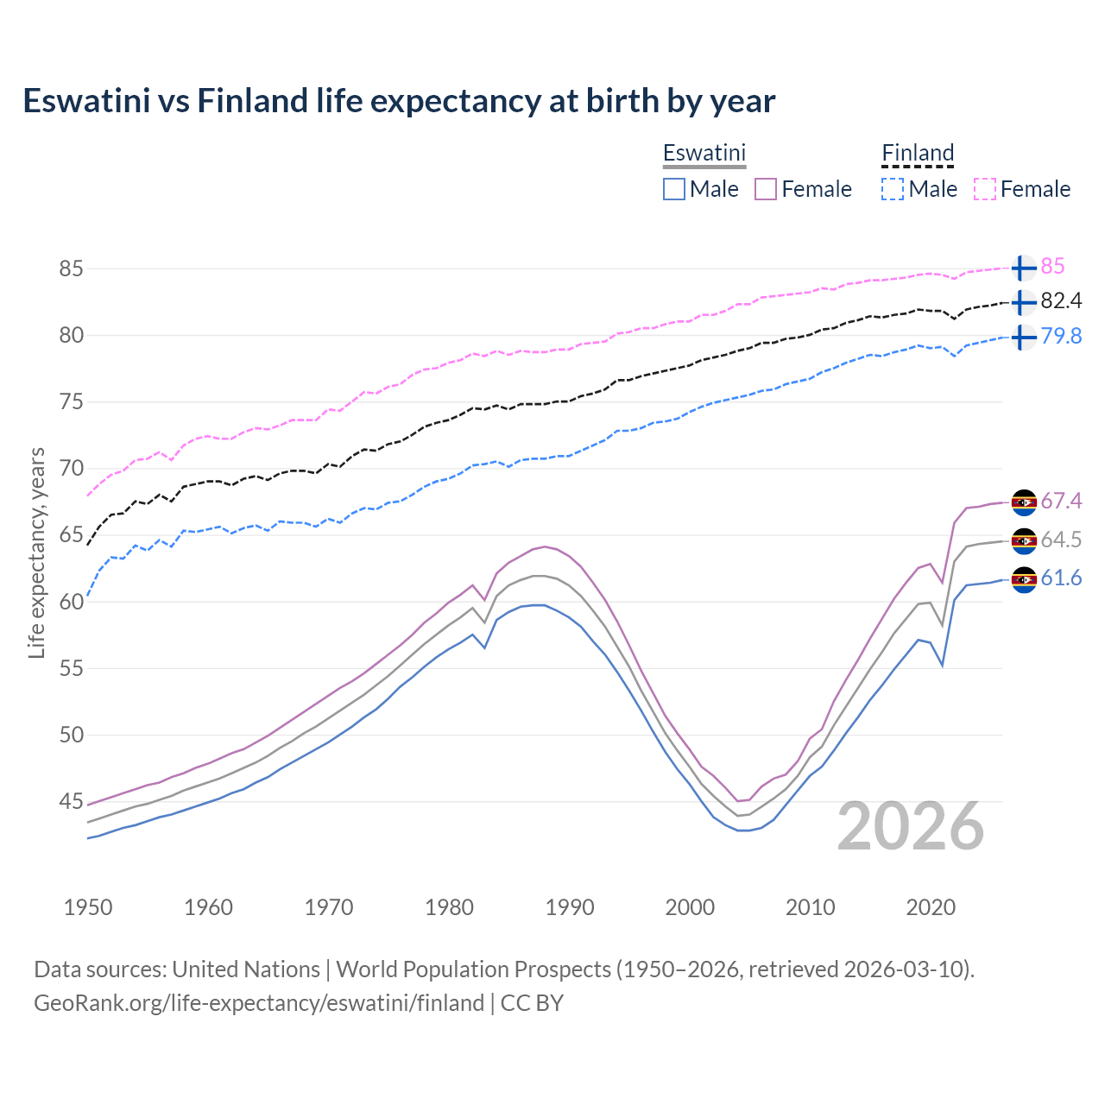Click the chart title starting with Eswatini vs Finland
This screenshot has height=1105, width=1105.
(399, 101)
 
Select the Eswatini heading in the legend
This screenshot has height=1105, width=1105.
(704, 153)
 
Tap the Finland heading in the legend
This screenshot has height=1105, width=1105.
(918, 153)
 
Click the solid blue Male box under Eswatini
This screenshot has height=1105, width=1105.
(674, 189)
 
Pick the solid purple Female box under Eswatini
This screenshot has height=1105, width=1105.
(766, 189)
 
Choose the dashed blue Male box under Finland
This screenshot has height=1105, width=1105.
(893, 189)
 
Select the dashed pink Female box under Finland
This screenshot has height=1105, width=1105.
(985, 189)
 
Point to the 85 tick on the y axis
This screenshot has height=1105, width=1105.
(71, 268)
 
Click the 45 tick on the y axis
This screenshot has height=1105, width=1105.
(71, 802)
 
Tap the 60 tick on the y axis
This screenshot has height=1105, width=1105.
(71, 602)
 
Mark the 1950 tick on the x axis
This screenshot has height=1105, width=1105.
(88, 907)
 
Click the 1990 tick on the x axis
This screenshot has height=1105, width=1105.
(570, 907)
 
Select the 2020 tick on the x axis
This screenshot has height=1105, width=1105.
(931, 907)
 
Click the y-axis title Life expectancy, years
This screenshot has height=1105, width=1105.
(36, 552)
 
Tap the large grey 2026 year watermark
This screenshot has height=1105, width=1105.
(911, 826)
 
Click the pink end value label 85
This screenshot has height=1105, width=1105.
(1052, 267)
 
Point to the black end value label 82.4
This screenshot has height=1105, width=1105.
(1061, 301)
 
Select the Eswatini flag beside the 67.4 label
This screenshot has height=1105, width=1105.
(1024, 502)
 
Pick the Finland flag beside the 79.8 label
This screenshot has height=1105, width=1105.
(1024, 337)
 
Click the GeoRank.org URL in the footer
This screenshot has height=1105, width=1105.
(259, 1003)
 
